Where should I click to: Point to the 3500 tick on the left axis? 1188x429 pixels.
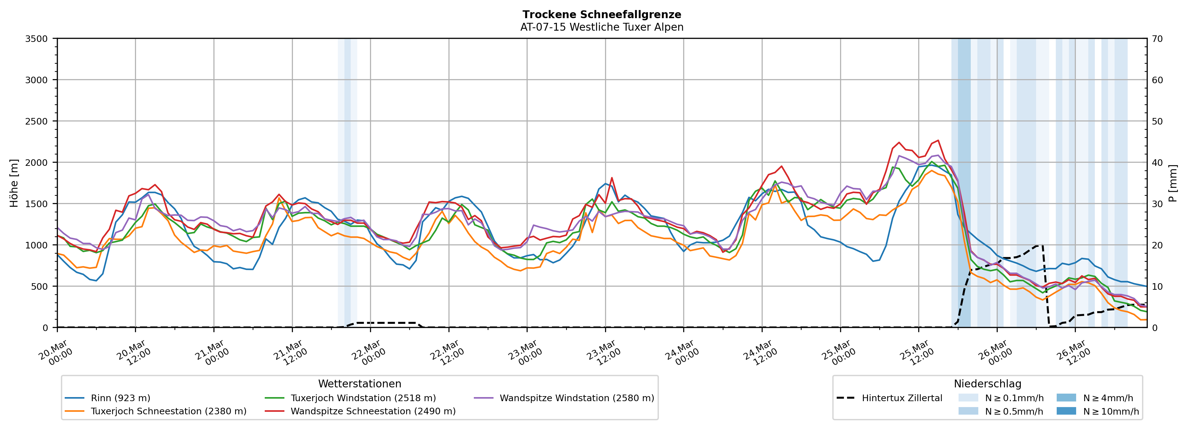[x=37, y=39]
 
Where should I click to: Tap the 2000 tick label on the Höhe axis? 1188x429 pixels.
[x=37, y=162]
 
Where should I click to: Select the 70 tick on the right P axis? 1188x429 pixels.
[x=1158, y=39]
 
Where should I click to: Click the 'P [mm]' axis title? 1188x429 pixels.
[x=1173, y=183]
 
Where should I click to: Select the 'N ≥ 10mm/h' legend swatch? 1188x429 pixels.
[x=1066, y=411]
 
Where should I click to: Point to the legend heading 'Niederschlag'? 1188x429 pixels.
[x=987, y=384]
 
